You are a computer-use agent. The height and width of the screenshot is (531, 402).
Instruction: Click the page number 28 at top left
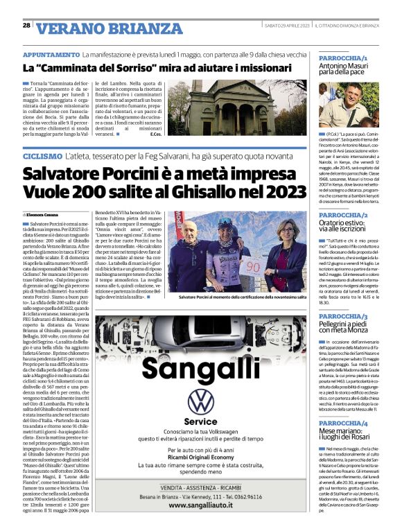26,26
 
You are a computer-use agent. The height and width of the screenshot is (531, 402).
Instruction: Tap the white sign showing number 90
234,265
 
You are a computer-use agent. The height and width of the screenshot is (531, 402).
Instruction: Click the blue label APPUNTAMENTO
51,54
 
